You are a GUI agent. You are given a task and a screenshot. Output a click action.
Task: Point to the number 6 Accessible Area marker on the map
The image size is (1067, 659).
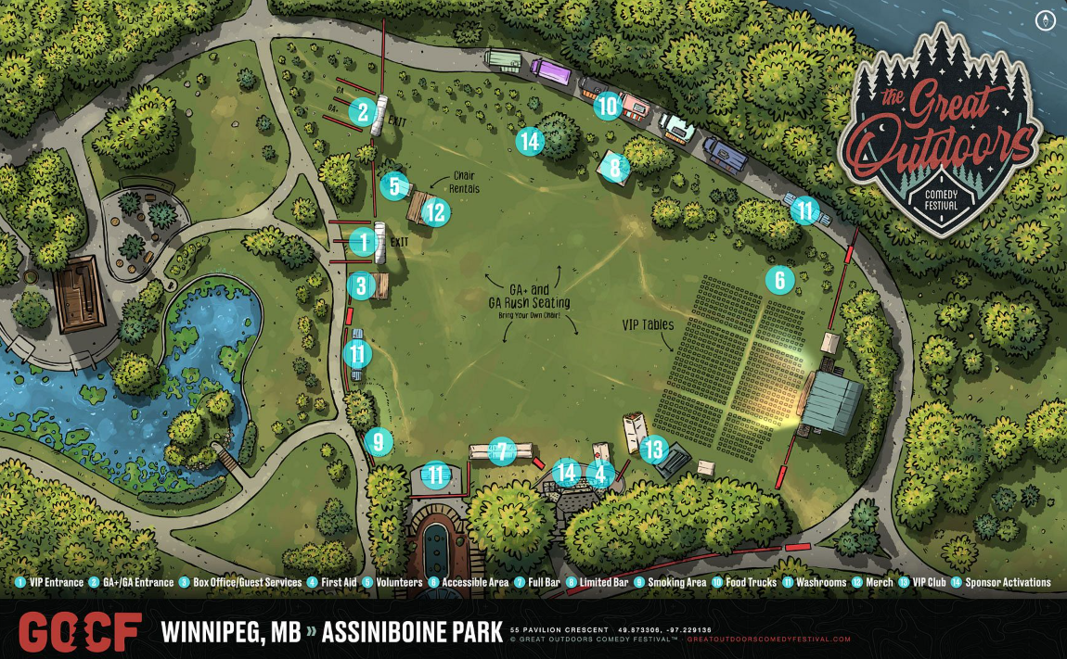click(x=780, y=278)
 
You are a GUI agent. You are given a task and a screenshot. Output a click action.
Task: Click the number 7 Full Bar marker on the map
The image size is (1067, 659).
click(x=501, y=451)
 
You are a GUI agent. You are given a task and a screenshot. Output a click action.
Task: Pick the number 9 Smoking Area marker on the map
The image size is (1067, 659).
click(x=378, y=442)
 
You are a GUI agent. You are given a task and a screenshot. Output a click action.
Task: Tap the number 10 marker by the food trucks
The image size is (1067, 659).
click(x=607, y=107)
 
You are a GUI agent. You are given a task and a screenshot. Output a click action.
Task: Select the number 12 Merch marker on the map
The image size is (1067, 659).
click(x=435, y=212)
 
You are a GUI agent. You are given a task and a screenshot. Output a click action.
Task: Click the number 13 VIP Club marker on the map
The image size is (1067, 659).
click(x=654, y=450)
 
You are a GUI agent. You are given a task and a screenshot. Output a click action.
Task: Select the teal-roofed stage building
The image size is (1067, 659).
click(x=832, y=402)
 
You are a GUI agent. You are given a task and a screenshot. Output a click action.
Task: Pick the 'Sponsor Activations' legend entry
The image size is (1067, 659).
click(x=1007, y=583)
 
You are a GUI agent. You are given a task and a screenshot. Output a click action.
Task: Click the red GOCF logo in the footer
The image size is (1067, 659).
click(x=80, y=631)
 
